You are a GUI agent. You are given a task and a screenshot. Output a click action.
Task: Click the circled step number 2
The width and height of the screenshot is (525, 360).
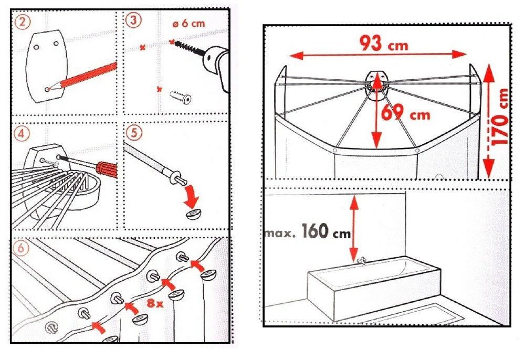[x=23, y=22]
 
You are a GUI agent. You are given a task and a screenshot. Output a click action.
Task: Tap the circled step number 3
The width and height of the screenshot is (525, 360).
[x=133, y=20]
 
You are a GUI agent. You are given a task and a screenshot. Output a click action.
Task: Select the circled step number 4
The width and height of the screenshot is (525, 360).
[x=22, y=134]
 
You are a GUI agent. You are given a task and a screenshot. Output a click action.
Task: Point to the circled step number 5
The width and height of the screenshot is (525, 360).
[x=134, y=133]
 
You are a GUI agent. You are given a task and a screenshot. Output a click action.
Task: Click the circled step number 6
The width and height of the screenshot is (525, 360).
[x=21, y=248]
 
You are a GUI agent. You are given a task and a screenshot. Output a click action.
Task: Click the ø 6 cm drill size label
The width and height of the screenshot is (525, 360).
[x=188, y=24]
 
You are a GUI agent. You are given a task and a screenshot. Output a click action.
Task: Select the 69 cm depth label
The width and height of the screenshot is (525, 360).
[x=406, y=113]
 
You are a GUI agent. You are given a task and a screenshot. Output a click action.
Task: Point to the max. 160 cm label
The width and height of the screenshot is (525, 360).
[x=308, y=231]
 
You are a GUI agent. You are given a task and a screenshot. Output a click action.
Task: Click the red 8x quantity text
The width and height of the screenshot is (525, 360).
[x=155, y=303]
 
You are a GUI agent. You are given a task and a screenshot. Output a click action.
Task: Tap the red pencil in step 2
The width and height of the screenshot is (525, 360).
[x=82, y=77]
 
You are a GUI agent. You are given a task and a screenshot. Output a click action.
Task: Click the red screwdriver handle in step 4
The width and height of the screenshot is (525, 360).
[x=107, y=168]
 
